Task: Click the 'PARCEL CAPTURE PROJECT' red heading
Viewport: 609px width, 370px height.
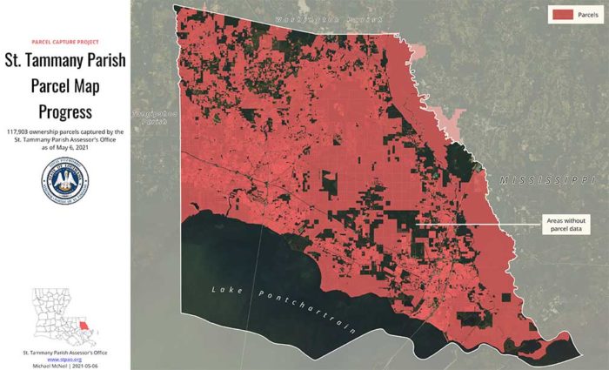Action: click(65, 42)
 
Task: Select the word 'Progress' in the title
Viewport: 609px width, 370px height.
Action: click(65, 111)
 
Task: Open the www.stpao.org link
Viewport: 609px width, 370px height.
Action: click(65, 358)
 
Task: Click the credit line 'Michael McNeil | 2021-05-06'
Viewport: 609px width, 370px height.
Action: click(65, 364)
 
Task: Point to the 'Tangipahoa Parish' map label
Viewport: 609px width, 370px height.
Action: click(154, 118)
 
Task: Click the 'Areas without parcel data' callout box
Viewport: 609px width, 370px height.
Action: click(566, 224)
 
